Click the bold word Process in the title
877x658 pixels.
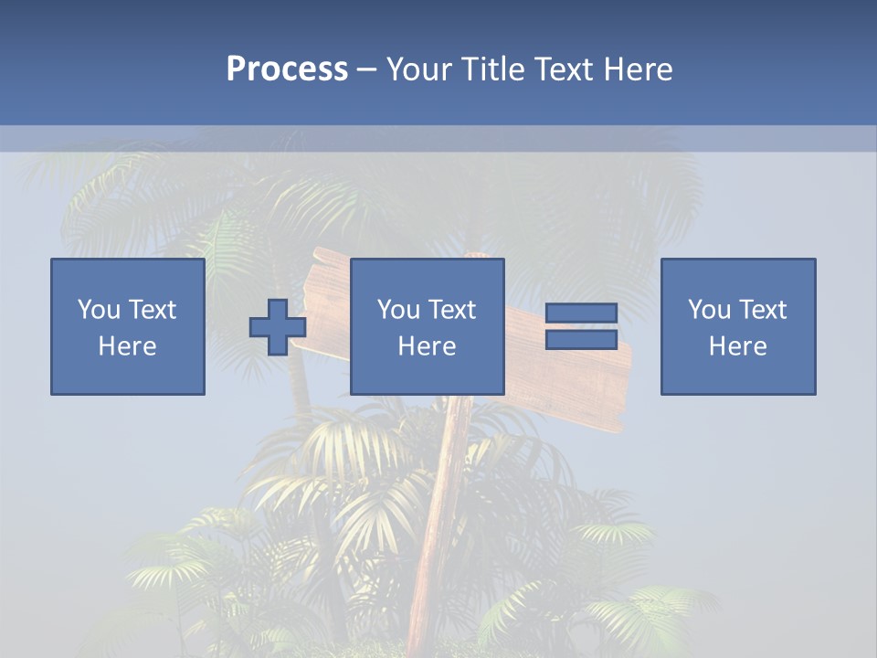287,69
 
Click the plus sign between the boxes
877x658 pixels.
278,327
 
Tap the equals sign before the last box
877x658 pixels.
581,326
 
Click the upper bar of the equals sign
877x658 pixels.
581,313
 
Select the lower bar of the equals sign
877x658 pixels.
581,339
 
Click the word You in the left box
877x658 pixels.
99,310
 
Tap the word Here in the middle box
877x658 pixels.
428,346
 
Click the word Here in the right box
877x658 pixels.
738,346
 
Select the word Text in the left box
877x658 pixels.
152,310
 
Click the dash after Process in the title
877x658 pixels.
366,69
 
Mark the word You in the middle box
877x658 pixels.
398,310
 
